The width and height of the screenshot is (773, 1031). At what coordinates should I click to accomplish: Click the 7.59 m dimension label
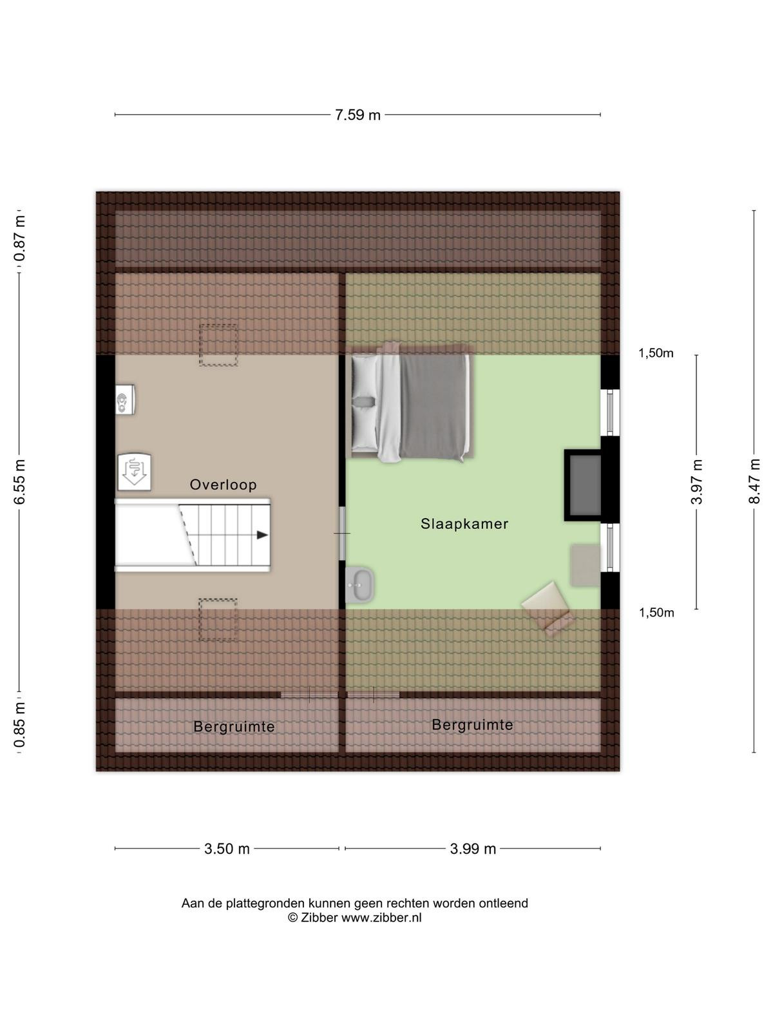pos(357,115)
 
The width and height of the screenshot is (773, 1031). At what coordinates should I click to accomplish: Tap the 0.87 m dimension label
pos(20,238)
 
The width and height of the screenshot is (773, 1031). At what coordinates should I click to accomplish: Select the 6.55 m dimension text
pos(20,481)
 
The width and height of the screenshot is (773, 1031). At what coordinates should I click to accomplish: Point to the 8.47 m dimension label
pos(754,481)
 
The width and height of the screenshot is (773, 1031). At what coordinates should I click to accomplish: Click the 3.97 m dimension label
pos(697,482)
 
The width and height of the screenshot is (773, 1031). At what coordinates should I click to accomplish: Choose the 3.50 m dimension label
pos(227,849)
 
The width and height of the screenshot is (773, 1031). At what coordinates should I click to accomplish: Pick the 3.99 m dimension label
pos(473,849)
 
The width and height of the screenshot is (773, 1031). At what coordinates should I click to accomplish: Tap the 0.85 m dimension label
pos(20,724)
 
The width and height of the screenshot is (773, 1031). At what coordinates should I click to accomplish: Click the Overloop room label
pos(223,485)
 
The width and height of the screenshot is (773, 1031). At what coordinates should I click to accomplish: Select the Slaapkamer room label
pos(464,524)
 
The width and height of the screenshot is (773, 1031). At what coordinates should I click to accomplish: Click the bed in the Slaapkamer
pos(412,403)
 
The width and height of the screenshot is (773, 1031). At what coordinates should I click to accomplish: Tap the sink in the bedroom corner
pos(359,585)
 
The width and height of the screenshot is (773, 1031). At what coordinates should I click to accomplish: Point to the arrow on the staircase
pos(262,535)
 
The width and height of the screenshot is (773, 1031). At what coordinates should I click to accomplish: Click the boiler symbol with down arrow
pos(134,472)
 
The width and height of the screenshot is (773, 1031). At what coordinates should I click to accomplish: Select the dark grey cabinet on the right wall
pos(583,485)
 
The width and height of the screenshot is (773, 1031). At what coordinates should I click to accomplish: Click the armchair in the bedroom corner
pos(548,608)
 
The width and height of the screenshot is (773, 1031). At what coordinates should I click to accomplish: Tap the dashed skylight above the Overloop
pos(218,345)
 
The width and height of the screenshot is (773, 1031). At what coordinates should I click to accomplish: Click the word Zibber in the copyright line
pos(319,918)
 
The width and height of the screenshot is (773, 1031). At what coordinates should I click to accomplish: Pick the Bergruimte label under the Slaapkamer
pos(472,725)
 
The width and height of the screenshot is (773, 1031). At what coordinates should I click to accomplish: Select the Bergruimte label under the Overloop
pos(234,727)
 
